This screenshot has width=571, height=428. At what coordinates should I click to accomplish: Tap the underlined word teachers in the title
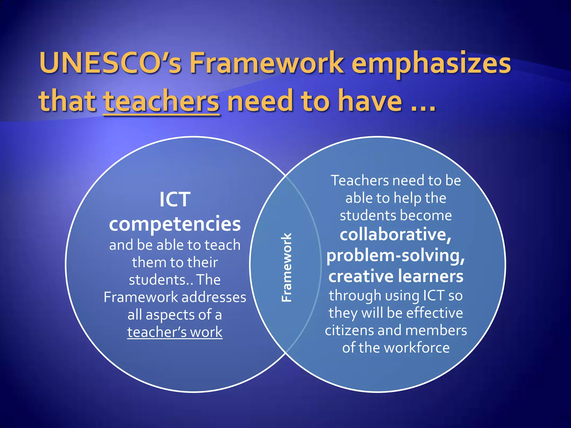161,101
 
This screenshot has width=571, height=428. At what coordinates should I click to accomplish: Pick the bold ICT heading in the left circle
175,200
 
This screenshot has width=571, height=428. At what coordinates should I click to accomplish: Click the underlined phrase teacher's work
175,332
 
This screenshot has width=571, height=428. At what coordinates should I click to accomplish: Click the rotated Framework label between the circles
286,267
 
